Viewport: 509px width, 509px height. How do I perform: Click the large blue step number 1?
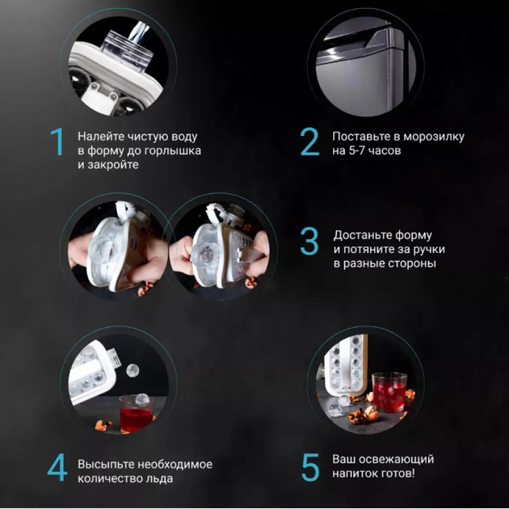coord(58,141)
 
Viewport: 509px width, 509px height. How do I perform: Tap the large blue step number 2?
coord(309,141)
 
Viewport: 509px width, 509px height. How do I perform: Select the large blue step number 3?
coord(309,241)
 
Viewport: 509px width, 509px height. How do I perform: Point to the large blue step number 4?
coord(57,467)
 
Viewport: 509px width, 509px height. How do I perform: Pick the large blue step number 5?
coord(310,467)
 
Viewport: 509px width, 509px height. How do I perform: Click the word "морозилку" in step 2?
coord(434,137)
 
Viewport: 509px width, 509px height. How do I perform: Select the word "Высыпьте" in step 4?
coord(106,465)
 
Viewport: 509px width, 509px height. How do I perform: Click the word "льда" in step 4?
coord(159,478)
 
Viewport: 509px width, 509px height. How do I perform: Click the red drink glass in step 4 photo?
coord(137,413)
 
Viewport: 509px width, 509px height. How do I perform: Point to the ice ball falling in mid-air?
coord(133,370)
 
